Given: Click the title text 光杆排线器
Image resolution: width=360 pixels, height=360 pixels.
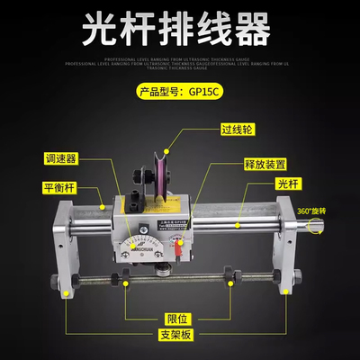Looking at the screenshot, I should (x=180, y=28).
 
